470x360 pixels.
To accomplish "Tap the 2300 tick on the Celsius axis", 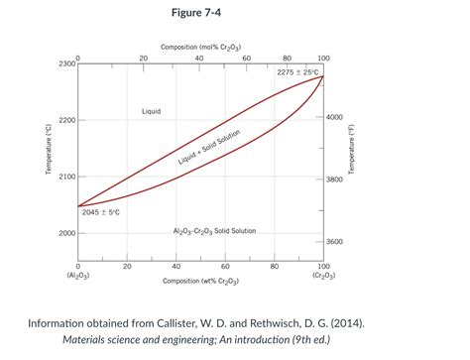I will (64, 64).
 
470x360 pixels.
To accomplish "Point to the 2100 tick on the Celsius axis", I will (64, 177).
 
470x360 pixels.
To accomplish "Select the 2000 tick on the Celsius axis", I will (64, 233).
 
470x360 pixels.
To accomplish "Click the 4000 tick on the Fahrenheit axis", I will (335, 117).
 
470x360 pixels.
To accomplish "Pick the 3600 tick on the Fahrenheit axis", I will (335, 242).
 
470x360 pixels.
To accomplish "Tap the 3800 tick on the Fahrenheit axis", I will (335, 180).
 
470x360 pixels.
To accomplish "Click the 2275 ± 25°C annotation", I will (297, 72).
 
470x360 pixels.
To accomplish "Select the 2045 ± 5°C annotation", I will (101, 212).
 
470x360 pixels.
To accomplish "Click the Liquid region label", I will (151, 111).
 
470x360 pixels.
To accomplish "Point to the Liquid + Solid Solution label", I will (209, 148).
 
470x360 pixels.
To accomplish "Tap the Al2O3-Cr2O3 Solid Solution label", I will (214, 231).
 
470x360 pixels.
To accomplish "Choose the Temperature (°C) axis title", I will (47, 151).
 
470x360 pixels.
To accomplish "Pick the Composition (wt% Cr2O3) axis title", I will (200, 282).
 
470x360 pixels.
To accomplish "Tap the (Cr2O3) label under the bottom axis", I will (323, 276).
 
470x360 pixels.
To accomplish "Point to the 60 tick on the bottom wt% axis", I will (225, 267).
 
